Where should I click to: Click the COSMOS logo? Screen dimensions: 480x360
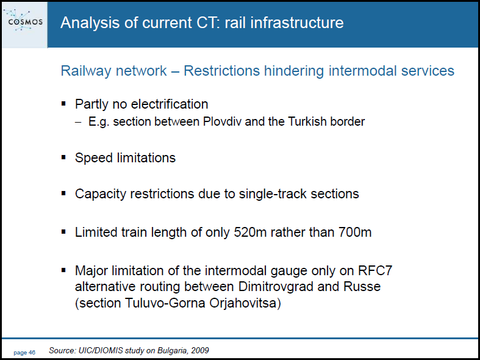[24, 21]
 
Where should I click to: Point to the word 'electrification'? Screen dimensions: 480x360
[170, 104]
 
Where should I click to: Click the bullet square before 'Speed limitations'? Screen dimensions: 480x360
[63, 157]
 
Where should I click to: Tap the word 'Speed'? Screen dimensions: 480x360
[95, 158]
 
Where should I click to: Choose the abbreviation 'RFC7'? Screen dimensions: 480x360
[375, 271]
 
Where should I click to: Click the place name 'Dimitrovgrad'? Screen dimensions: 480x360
[276, 287]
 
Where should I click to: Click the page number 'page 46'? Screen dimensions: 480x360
[24, 353]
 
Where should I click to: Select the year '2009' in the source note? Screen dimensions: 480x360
[199, 350]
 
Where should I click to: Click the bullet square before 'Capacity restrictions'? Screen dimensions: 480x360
[63, 193]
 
